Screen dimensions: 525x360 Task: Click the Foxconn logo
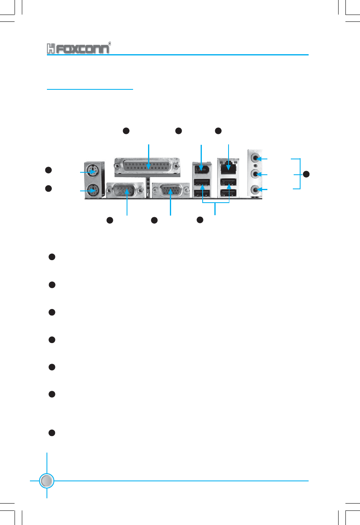point(77,48)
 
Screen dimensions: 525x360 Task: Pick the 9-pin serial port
point(125,190)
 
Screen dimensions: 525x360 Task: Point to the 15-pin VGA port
point(170,190)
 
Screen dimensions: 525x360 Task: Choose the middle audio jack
point(255,174)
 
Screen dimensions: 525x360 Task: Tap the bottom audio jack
point(255,189)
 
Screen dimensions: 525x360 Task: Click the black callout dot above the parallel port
point(126,130)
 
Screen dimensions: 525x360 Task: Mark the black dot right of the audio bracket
point(306,174)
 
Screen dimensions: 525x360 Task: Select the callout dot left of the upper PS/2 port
point(48,170)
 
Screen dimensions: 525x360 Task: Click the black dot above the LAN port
point(218,130)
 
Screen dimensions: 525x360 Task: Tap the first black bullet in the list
point(52,257)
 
